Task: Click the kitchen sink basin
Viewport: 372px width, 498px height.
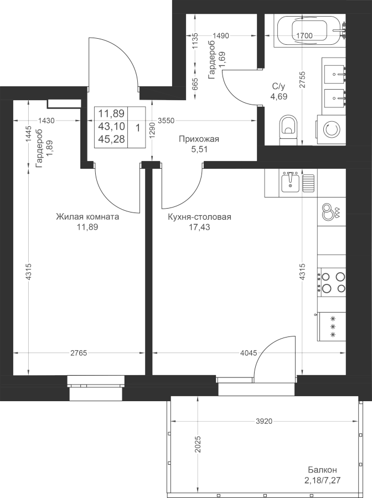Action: [290, 183]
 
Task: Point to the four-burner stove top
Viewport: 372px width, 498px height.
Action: [333, 282]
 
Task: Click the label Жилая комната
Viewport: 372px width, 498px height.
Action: [87, 217]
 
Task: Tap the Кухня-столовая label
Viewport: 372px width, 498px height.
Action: [199, 217]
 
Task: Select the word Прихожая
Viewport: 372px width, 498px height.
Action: [199, 139]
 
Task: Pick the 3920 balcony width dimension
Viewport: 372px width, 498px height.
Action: [264, 421]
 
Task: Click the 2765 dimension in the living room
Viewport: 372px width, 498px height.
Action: [79, 353]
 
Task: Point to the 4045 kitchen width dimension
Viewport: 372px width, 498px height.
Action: [249, 353]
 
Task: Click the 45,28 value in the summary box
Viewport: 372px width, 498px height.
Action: [111, 139]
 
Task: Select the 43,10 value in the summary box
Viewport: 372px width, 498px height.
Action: [111, 126]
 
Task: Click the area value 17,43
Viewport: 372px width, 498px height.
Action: [199, 227]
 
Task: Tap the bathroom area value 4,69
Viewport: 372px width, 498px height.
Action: [278, 96]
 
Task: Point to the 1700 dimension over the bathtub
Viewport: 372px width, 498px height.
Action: [304, 35]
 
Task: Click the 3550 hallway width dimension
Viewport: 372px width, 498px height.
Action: [166, 121]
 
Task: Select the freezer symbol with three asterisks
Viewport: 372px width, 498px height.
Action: [332, 326]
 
